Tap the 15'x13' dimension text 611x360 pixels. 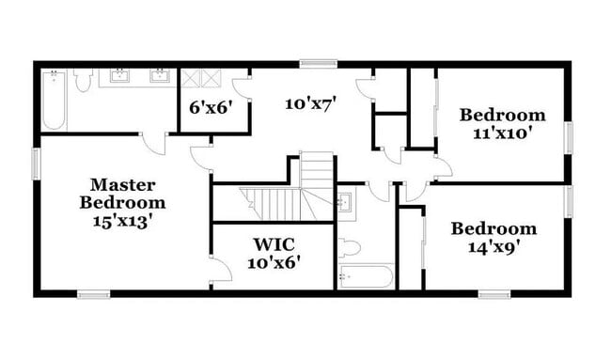coord(122,221)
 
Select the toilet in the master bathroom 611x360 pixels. coord(82,83)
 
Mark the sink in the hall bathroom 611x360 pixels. coord(345,201)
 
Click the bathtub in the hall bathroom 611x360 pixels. coord(366,277)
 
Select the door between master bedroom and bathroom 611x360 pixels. coord(153,142)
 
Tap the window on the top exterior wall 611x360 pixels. coord(311,64)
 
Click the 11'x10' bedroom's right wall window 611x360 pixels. coord(568,136)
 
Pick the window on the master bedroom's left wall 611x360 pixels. coord(37,163)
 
